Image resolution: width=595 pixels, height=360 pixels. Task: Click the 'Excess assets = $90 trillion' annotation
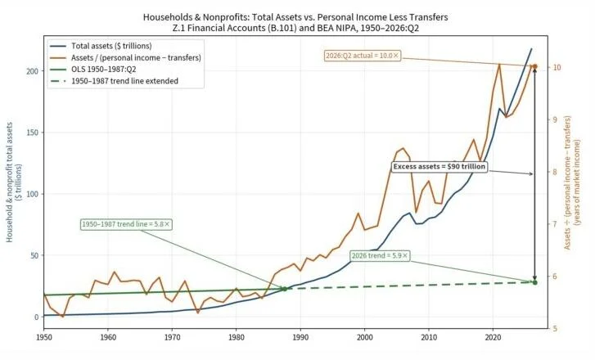(439, 167)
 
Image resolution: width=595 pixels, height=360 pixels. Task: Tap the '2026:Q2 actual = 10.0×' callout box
(363, 56)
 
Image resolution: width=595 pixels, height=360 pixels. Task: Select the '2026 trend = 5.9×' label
(380, 255)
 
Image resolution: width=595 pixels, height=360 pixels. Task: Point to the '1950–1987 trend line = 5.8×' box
(126, 224)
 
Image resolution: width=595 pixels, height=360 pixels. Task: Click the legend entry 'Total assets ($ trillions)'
(111, 46)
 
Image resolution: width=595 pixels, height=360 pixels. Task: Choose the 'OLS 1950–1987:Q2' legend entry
(104, 69)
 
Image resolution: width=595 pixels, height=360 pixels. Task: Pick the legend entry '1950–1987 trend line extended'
(125, 81)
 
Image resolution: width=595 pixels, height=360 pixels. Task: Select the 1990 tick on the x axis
(300, 337)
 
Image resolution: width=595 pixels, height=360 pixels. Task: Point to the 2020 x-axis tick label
(493, 337)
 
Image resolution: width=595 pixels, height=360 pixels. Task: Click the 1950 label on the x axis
(43, 337)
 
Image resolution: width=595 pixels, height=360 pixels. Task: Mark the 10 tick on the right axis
(557, 68)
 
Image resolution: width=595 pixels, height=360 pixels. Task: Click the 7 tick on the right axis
(555, 224)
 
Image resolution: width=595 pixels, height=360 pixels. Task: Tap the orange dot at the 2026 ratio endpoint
(535, 67)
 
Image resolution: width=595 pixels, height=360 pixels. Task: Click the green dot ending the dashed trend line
(535, 282)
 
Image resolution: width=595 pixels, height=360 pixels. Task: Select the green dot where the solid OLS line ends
(285, 289)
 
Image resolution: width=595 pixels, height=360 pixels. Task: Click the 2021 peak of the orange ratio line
(499, 65)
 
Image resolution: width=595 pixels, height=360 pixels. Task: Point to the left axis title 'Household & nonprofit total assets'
(10, 182)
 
